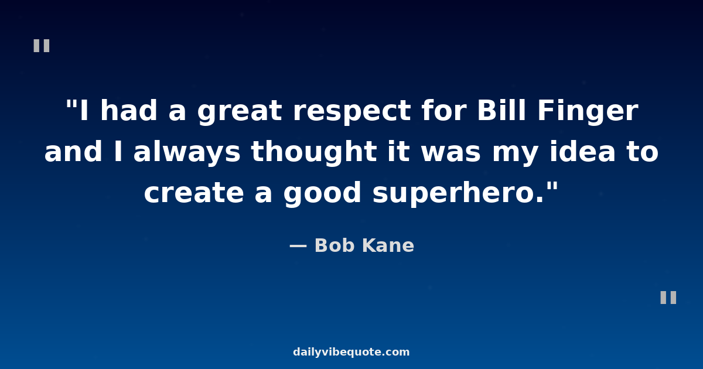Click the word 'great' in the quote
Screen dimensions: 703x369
coord(240,112)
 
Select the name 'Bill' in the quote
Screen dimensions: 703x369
coord(501,110)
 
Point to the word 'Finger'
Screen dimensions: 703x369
coord(588,112)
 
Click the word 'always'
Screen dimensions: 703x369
coord(187,153)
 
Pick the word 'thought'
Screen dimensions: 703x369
coord(314,153)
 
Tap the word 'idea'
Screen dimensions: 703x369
coord(582,151)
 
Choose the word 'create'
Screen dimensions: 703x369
coord(194,192)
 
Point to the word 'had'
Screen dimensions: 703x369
coord(128,110)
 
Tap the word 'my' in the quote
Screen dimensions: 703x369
coord(516,155)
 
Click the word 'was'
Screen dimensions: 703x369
coord(451,153)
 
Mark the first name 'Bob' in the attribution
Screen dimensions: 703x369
coord(335,245)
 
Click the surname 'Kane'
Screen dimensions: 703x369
coord(388,245)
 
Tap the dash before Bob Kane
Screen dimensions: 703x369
coord(298,247)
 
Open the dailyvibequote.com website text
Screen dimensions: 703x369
coord(351,352)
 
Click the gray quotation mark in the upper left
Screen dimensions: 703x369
coord(42,46)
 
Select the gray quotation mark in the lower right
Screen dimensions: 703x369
coord(668,298)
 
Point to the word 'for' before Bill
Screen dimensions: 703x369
coord(444,110)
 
